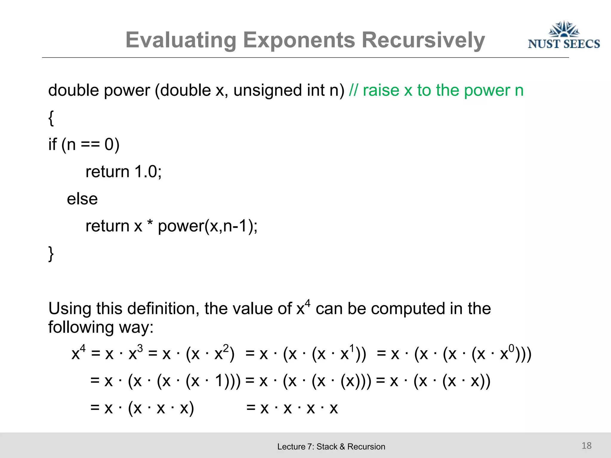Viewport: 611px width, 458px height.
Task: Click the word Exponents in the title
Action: coord(299,40)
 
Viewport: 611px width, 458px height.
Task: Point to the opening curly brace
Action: coord(51,118)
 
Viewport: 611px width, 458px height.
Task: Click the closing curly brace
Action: coord(51,254)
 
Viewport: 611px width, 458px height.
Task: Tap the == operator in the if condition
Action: coord(90,145)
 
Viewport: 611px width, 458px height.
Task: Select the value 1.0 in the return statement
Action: coord(146,172)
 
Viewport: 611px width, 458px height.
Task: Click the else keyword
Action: coord(82,199)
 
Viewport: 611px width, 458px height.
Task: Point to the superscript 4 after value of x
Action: coord(308,303)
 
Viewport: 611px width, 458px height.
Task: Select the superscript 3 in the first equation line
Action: coord(140,348)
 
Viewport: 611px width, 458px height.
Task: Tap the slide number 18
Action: coord(587,445)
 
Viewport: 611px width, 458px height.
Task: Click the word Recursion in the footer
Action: coord(366,447)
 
